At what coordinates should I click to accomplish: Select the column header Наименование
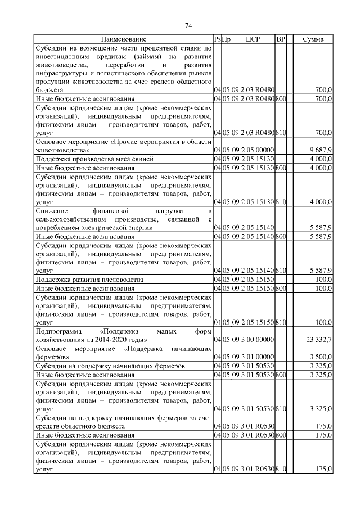tap(124, 39)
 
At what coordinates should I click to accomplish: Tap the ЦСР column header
tap(251, 39)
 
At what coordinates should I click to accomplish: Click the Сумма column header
tap(313, 39)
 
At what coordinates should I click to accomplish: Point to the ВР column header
tap(281, 39)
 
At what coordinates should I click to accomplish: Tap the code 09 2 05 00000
tap(251, 150)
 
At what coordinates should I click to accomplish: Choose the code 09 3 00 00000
tap(251, 339)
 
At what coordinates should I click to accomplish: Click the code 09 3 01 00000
tap(251, 357)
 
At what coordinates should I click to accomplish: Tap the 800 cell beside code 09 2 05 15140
tap(281, 236)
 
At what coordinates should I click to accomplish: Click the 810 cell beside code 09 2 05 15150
tap(281, 322)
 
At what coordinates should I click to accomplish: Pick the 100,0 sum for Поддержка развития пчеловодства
tap(323, 279)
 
